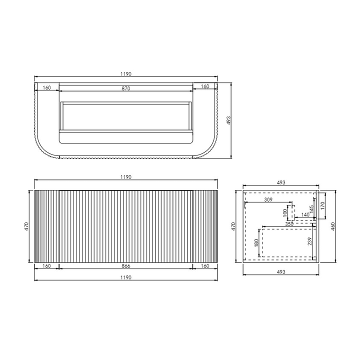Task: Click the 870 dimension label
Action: pyautogui.click(x=126, y=88)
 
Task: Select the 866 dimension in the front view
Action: pyautogui.click(x=126, y=266)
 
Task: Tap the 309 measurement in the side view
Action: pyautogui.click(x=268, y=199)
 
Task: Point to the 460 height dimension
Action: pyautogui.click(x=333, y=226)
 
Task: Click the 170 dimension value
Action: pyautogui.click(x=322, y=205)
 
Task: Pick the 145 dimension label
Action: pyautogui.click(x=311, y=209)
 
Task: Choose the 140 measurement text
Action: pyautogui.click(x=305, y=214)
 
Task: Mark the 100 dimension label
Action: pyautogui.click(x=285, y=213)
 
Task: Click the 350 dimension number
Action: pyautogui.click(x=289, y=224)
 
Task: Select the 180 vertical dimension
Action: pyautogui.click(x=256, y=243)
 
